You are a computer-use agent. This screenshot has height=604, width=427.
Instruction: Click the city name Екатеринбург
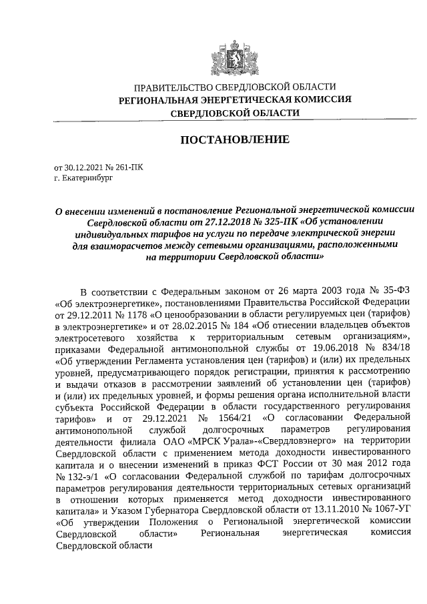(85, 179)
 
